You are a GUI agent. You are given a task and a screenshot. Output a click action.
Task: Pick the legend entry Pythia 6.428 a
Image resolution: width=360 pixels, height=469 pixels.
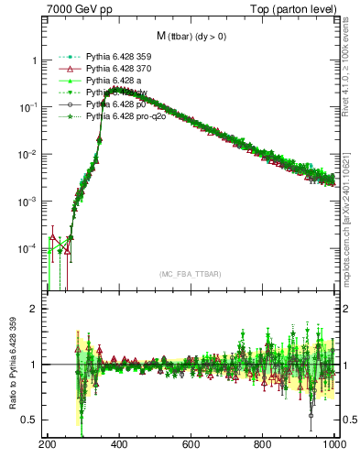click(115, 81)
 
